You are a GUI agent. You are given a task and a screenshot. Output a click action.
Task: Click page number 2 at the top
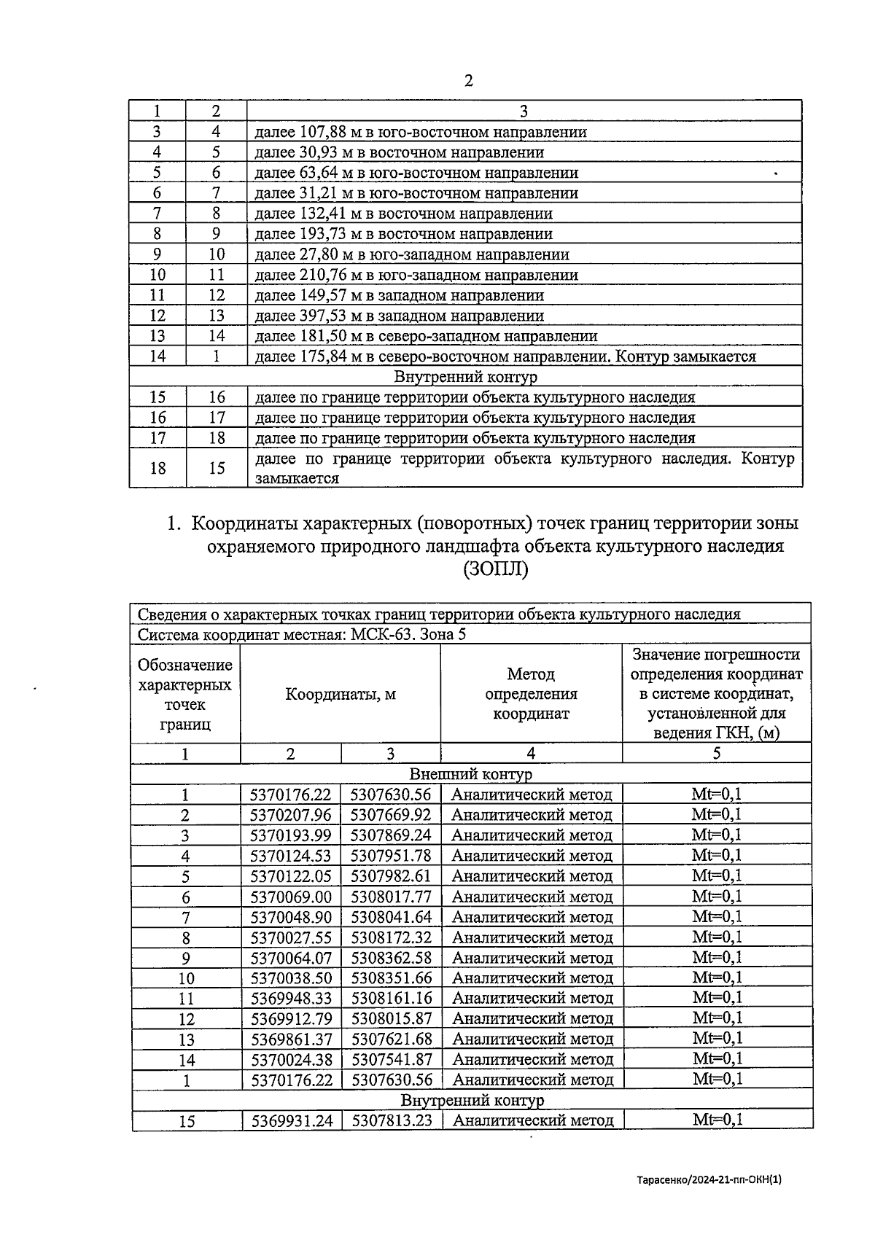(468, 81)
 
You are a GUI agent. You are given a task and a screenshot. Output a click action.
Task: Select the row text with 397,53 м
(399, 316)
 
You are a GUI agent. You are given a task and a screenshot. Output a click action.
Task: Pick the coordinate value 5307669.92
(391, 815)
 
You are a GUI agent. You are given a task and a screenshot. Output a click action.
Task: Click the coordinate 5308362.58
(391, 958)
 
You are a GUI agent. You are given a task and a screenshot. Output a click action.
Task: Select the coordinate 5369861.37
(290, 1039)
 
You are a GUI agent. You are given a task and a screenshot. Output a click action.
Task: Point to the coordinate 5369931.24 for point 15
(291, 1120)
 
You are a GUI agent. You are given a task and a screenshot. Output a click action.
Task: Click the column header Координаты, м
(340, 695)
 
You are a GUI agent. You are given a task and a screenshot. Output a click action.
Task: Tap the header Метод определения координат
(531, 694)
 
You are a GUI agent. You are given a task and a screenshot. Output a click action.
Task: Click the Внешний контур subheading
(470, 774)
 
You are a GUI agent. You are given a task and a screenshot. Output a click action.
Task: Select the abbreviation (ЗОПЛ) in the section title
(495, 570)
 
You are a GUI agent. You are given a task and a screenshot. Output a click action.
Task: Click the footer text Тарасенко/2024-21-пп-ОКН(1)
(708, 1179)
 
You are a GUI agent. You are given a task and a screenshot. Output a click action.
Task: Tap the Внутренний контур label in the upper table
(465, 378)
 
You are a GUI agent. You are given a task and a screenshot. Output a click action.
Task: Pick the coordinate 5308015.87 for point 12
(391, 1018)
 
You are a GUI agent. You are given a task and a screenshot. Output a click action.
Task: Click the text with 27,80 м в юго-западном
(411, 255)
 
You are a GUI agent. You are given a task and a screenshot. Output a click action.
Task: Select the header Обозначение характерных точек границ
(185, 694)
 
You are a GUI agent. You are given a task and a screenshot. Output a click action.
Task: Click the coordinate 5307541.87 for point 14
(391, 1059)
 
